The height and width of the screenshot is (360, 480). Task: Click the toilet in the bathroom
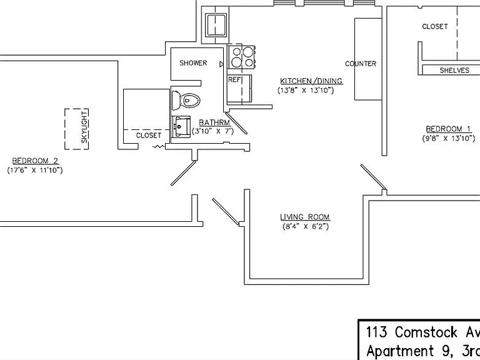coord(186,100)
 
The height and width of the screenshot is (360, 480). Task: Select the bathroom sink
coord(181,126)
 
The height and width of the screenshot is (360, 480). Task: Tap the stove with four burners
coord(241,57)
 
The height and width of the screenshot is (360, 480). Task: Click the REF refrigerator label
coord(234,79)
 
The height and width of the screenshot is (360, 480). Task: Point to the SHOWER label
coord(193,63)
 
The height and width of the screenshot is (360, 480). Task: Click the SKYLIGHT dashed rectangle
coord(76,129)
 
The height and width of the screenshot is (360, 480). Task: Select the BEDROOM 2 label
coord(35,161)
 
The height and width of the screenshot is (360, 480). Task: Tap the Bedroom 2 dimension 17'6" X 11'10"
coord(35,170)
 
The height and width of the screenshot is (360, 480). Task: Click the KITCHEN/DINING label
coord(311,81)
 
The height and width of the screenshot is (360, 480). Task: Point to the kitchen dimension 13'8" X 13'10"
coord(306,90)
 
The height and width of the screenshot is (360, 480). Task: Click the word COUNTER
coord(361,64)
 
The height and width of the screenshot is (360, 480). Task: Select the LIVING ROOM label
coord(305,217)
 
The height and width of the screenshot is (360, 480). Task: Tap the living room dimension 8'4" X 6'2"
coord(305,226)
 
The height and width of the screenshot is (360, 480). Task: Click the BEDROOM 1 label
coord(448,129)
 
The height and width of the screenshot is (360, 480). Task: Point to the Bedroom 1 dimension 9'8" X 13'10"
coord(449,138)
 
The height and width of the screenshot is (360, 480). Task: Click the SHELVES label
coord(454,71)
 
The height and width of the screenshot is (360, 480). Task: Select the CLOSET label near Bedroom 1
coord(435,27)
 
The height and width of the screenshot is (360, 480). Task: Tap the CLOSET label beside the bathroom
coord(149,135)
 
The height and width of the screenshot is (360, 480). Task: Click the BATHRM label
coord(214,122)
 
